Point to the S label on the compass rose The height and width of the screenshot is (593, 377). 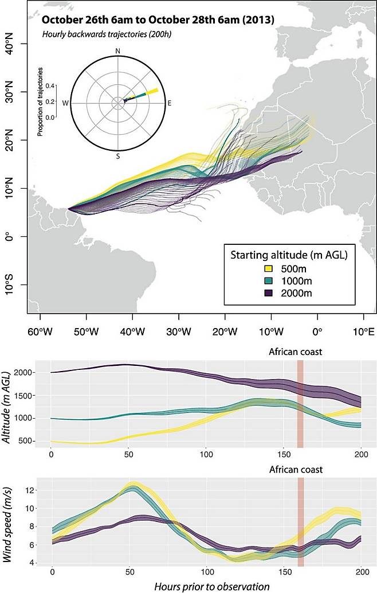pyautogui.click(x=118, y=155)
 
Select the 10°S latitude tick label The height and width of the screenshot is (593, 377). pyautogui.click(x=12, y=285)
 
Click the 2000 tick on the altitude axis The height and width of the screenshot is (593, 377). pyautogui.click(x=24, y=373)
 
